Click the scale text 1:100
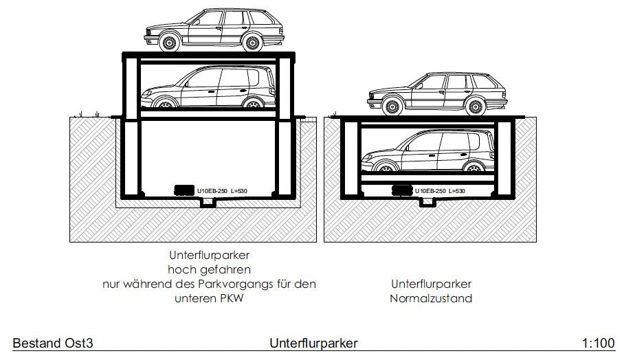pyautogui.click(x=598, y=343)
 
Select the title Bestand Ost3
pyautogui.click(x=52, y=343)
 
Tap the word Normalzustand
pyautogui.click(x=431, y=298)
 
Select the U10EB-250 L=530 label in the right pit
pyautogui.click(x=441, y=190)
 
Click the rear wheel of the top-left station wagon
pyautogui.click(x=252, y=43)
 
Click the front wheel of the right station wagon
pyautogui.click(x=392, y=106)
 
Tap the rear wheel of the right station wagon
pyautogui.click(x=475, y=106)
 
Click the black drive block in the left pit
pyautogui.click(x=183, y=190)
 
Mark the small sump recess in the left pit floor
pyautogui.click(x=208, y=204)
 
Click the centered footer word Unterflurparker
pyautogui.click(x=313, y=343)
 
